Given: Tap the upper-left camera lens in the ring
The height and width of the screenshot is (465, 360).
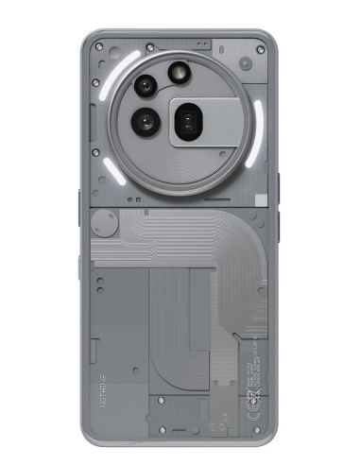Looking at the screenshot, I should coord(145,87).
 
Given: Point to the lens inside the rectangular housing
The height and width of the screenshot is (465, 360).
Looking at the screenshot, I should coord(189,120).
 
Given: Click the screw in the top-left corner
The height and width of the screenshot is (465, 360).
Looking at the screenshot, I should coord(99,44).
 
